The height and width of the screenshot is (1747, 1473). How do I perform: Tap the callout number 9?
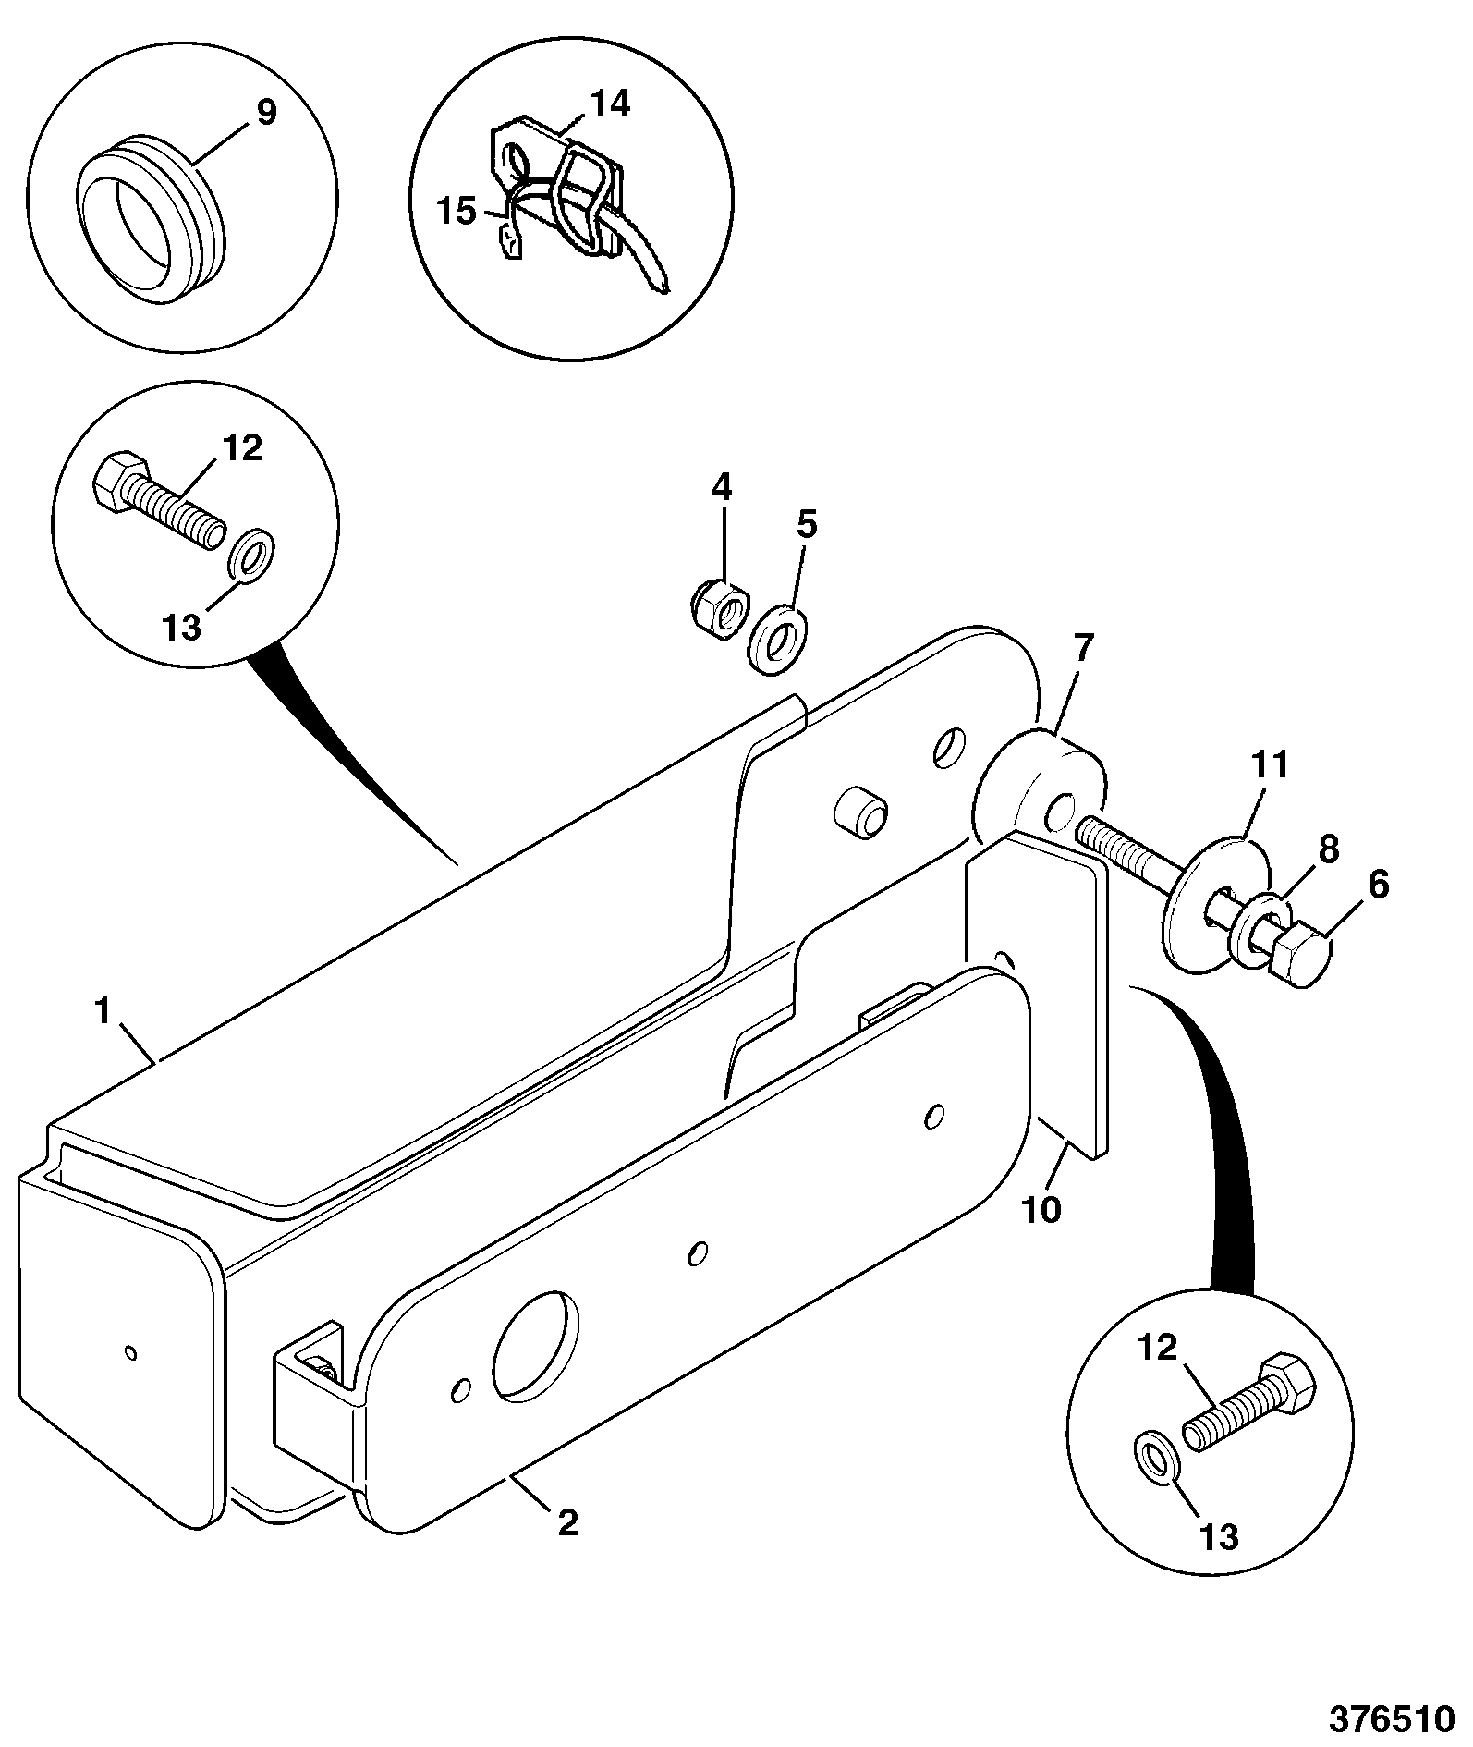[x=264, y=113]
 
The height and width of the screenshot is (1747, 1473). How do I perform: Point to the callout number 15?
[x=455, y=212]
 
